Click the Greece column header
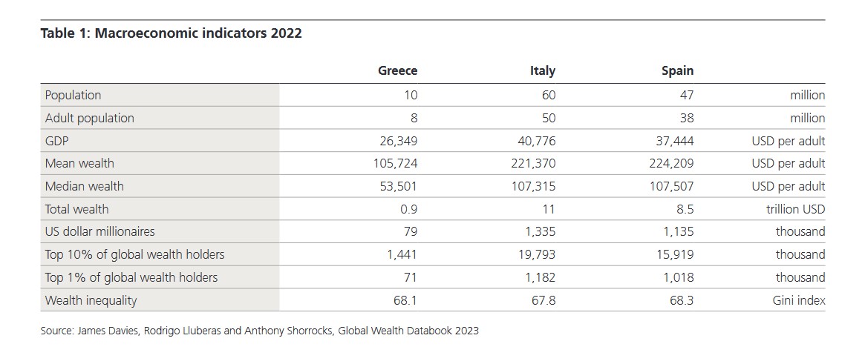coord(397,71)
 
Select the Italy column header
coord(542,71)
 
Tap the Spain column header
coord(677,71)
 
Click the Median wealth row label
coord(84,186)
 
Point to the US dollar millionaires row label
coord(99,231)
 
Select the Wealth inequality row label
coord(91,300)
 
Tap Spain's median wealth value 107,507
coord(670,186)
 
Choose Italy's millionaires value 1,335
coord(540,231)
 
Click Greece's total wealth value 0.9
coord(409,209)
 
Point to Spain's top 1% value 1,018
coord(678,277)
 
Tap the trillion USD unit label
coord(795,209)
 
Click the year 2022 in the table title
coord(286,33)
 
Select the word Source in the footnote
coord(56,331)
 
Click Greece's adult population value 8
coord(414,118)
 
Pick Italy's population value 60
coord(548,95)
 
